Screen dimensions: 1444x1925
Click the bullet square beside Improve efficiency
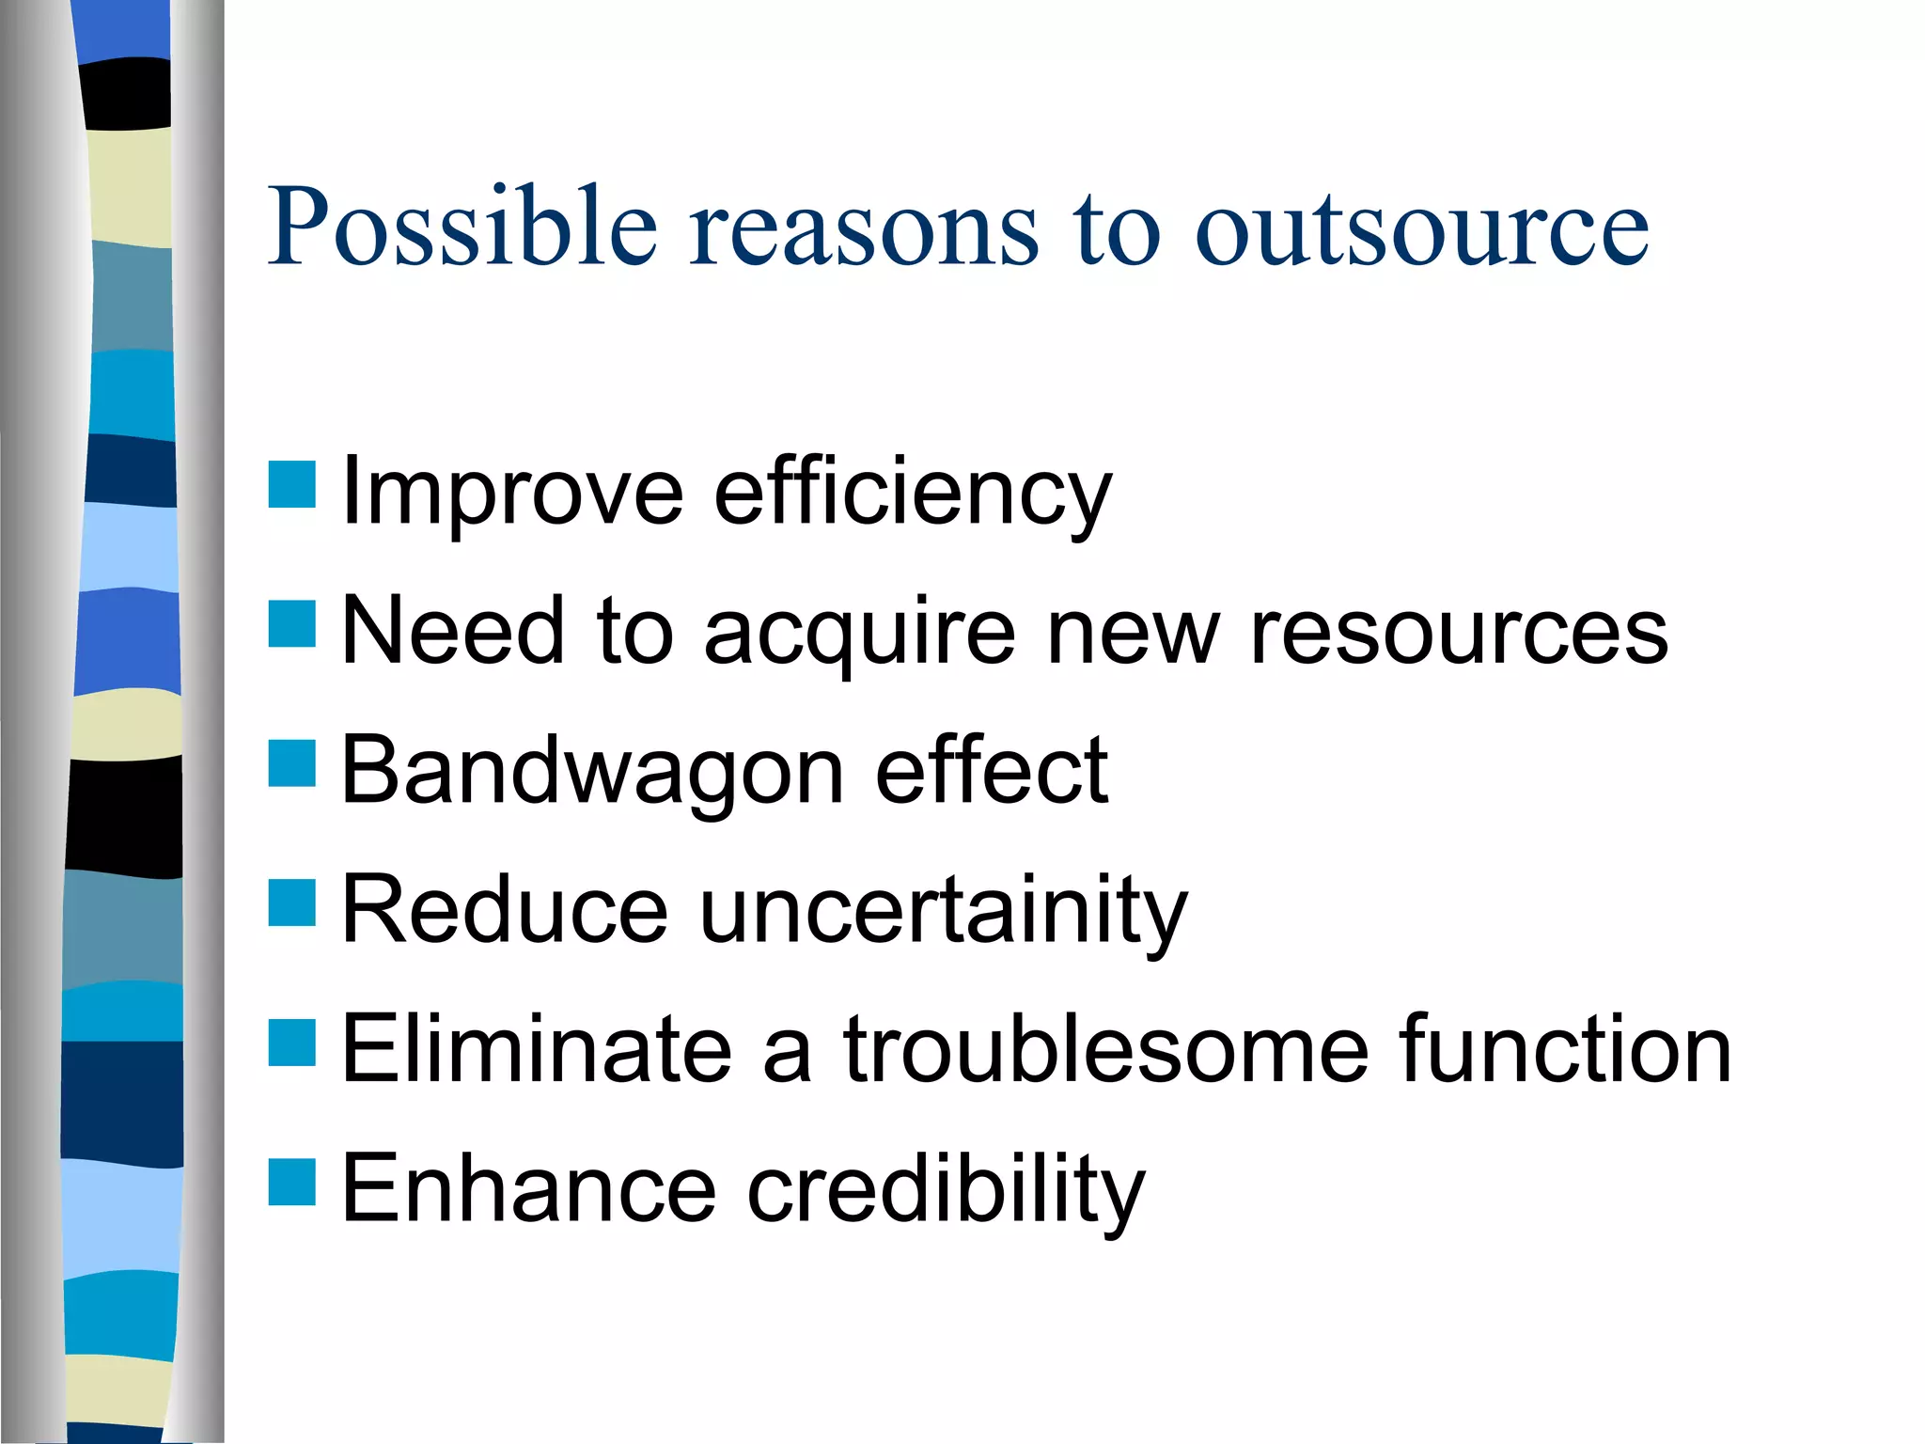point(291,485)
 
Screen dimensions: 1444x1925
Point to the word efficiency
point(912,494)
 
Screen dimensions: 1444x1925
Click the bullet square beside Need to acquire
point(291,624)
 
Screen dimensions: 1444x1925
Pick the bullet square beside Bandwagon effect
point(291,763)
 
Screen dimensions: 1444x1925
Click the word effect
point(992,771)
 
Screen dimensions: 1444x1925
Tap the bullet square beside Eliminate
point(291,1043)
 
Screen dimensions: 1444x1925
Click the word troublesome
point(1105,1049)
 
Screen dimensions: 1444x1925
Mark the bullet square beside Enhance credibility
point(291,1182)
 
